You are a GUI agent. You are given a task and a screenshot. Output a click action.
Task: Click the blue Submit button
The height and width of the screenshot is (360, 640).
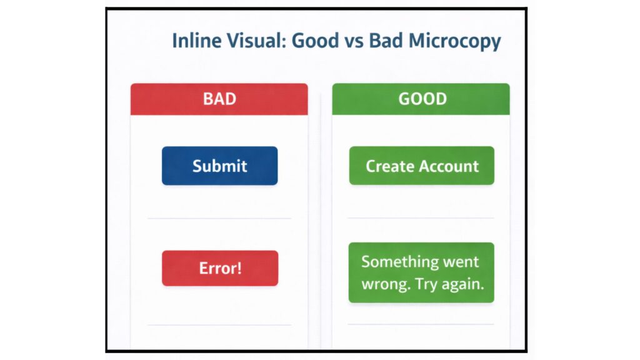coord(219,166)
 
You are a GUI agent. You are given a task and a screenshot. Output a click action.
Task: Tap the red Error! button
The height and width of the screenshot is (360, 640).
coord(220,268)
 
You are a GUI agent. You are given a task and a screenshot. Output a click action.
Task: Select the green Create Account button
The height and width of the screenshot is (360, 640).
coord(422,166)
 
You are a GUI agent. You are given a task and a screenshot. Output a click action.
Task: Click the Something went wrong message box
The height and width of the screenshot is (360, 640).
coord(421,272)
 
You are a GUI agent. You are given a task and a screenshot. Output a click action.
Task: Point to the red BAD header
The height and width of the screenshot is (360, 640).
coord(219,99)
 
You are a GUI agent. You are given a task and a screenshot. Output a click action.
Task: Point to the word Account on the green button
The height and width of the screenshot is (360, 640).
coord(450,166)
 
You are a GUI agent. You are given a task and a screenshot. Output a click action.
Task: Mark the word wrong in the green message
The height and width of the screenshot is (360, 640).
coord(383,284)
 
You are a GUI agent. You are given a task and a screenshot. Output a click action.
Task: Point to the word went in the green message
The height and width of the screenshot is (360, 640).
coord(461,261)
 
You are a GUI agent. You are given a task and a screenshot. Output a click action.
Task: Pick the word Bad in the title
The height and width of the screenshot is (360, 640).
coord(383,41)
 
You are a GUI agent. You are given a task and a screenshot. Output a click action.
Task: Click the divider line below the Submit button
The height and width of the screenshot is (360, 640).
coord(219,219)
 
